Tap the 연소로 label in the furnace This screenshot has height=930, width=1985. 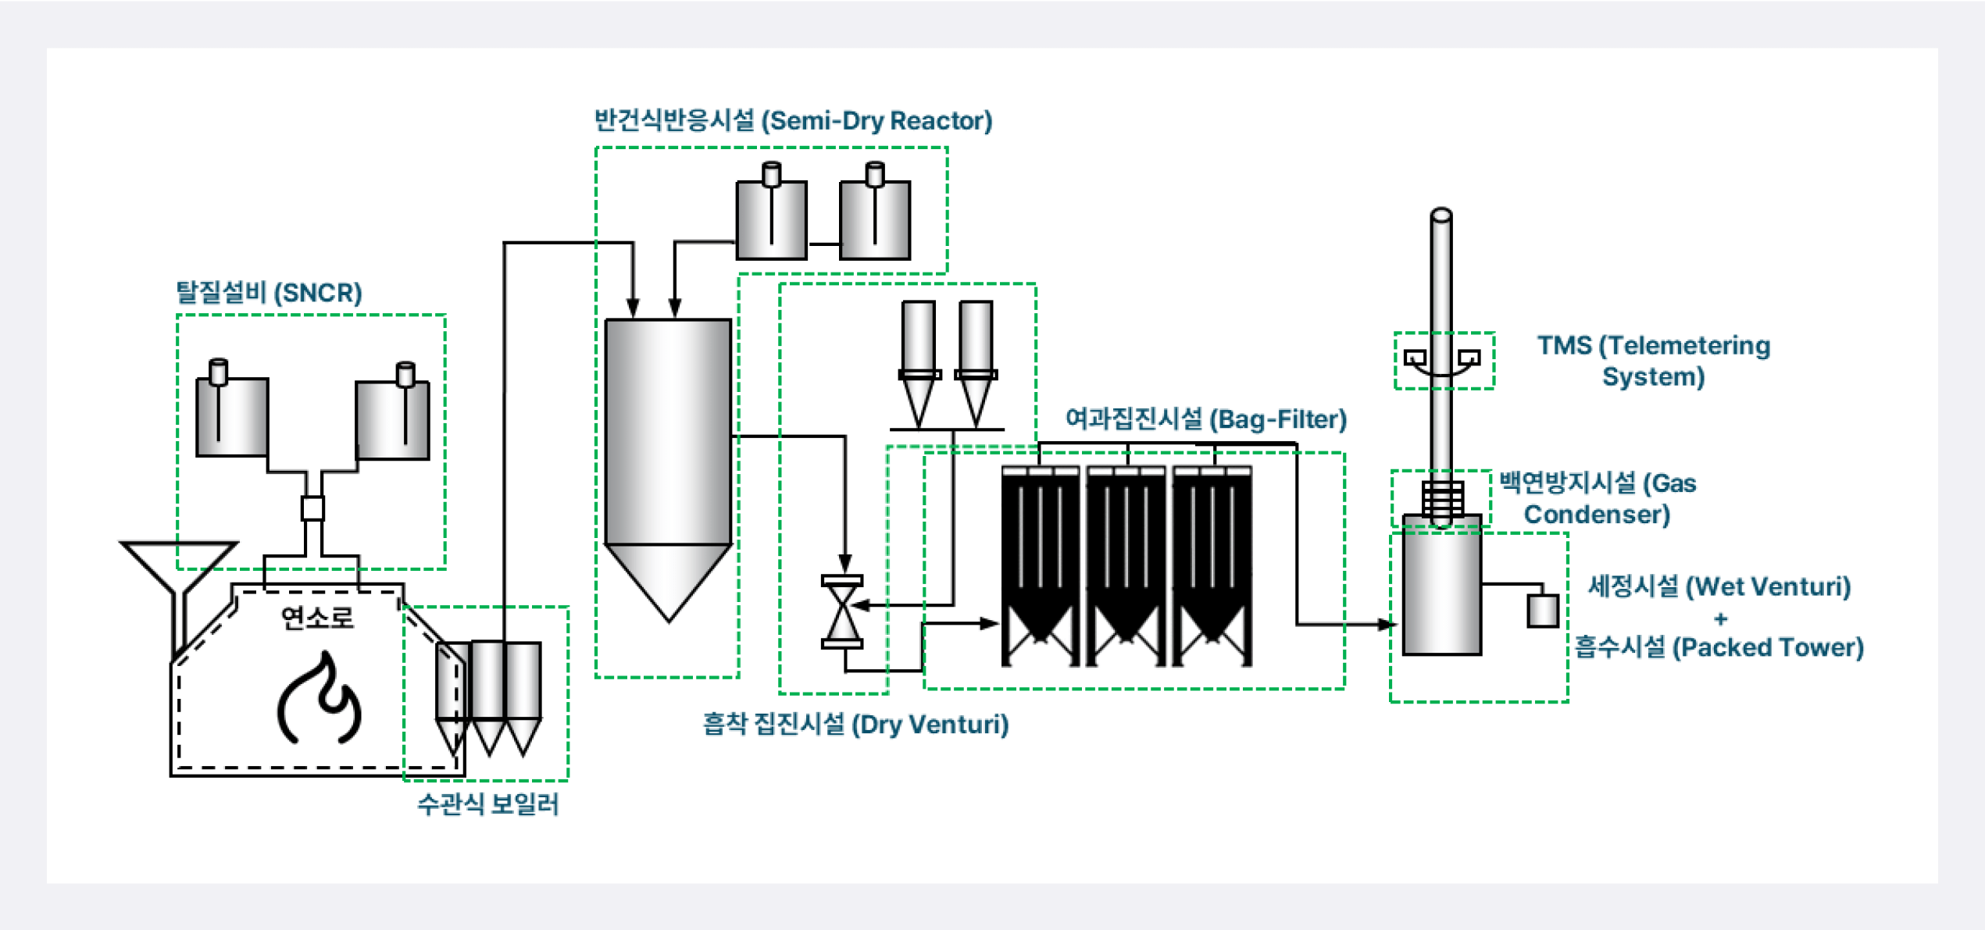pos(317,618)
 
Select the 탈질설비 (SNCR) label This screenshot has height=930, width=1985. pos(269,293)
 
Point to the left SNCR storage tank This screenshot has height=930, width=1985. pos(232,415)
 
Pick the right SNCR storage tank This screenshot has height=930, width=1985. pos(393,419)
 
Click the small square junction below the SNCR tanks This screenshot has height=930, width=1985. pos(312,508)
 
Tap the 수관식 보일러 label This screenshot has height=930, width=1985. pos(488,804)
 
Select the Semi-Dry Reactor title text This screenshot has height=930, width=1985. pos(793,121)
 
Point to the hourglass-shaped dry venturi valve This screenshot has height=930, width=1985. pos(842,613)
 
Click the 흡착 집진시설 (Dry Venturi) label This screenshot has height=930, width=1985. pos(855,725)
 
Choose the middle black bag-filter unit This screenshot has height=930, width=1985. pos(1126,566)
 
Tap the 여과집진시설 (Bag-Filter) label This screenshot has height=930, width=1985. pos(1206,419)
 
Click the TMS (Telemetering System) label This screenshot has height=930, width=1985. pos(1653,361)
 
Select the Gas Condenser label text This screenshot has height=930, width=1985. pos(1597,498)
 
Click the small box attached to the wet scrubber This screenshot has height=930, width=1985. pos(1543,611)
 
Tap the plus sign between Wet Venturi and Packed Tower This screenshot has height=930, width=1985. pos(1720,619)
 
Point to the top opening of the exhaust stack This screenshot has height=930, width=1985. pos(1441,214)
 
